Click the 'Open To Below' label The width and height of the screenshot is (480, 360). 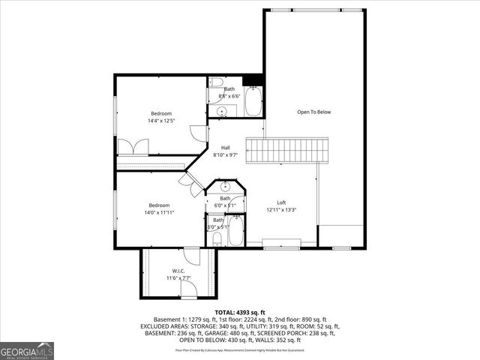tap(313, 112)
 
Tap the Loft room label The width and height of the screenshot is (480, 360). tap(281, 202)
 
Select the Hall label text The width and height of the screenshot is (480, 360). tap(225, 148)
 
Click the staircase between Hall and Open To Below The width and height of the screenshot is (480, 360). tap(289, 150)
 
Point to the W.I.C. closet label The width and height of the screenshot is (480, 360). tap(178, 271)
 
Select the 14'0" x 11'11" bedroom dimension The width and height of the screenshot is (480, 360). tap(159, 212)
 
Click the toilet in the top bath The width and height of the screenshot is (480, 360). tap(215, 82)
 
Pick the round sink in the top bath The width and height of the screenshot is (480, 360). tap(221, 112)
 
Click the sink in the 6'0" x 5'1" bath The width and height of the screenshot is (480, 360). tap(223, 187)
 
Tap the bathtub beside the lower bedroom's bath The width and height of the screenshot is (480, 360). tap(235, 232)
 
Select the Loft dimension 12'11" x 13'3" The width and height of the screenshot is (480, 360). tap(281, 210)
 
